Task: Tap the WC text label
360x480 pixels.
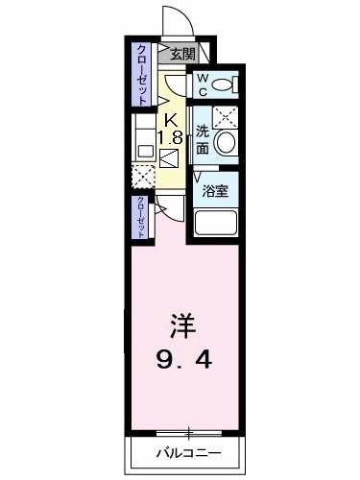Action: pyautogui.click(x=204, y=84)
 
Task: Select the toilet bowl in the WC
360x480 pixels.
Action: pyautogui.click(x=224, y=84)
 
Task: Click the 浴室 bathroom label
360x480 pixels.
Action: pyautogui.click(x=214, y=191)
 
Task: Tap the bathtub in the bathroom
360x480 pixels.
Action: pyautogui.click(x=215, y=226)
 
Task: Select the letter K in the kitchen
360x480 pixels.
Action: pyautogui.click(x=171, y=119)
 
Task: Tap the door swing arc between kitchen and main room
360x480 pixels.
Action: pyautogui.click(x=165, y=208)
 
